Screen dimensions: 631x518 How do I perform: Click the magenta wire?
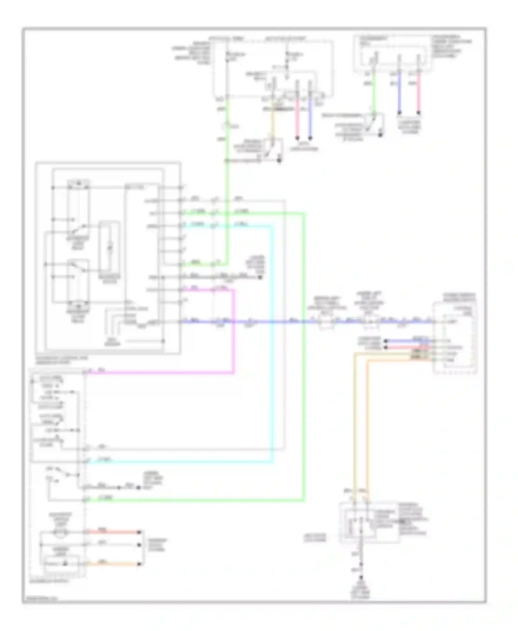point(234,331)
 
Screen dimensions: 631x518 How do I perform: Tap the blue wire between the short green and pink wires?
point(399,93)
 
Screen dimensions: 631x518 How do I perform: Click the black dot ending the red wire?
point(140,532)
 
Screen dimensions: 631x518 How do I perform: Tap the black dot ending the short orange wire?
point(140,564)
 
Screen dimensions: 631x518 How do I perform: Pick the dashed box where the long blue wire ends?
point(455,338)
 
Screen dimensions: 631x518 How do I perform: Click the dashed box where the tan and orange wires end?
point(359,522)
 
